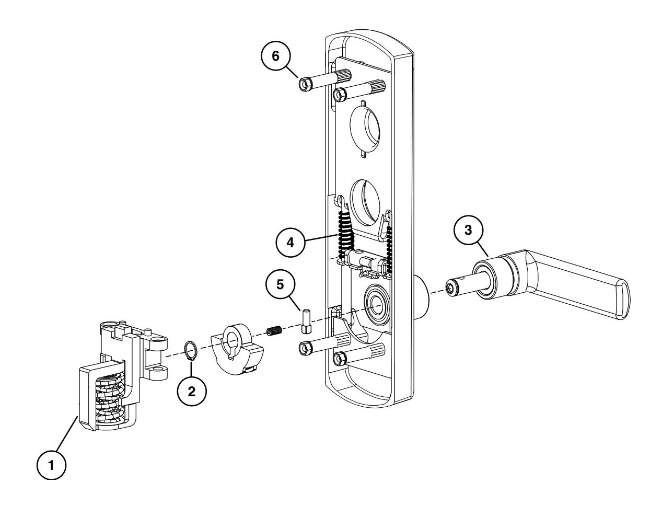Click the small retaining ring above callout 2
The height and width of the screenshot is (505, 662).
pos(191,350)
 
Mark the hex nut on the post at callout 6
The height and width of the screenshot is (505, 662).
pos(304,84)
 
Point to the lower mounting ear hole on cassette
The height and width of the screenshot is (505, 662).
pos(161,372)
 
